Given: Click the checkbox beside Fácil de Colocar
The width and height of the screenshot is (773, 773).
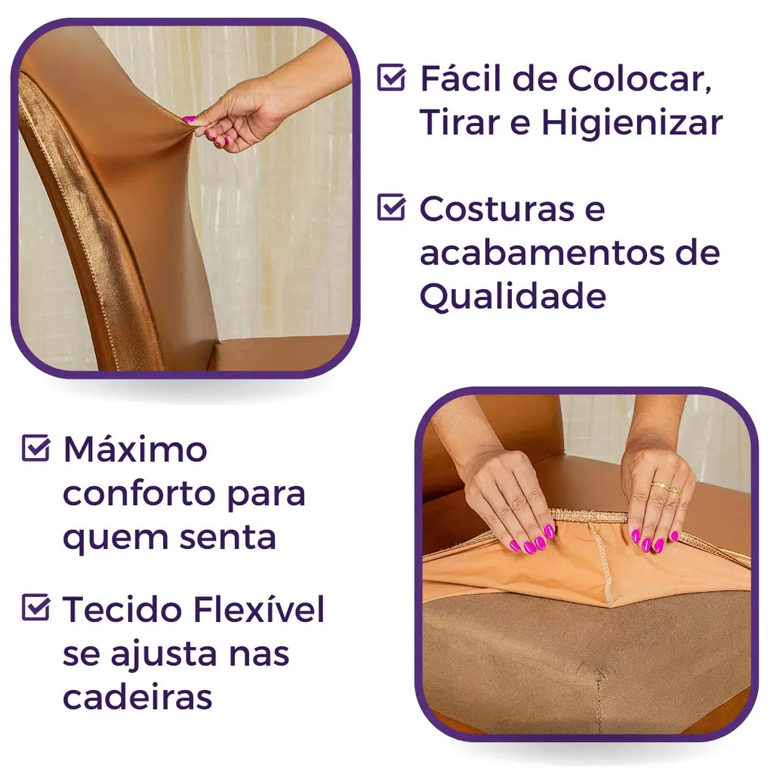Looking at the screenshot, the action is coord(392,78).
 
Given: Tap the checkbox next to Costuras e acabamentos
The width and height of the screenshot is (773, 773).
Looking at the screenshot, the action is coord(392,207).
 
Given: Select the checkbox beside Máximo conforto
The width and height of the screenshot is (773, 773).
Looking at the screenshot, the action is coord(35,448).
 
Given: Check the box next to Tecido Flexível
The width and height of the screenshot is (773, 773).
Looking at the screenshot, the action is coord(35,608).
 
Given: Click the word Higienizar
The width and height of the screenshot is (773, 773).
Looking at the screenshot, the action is coord(633,123).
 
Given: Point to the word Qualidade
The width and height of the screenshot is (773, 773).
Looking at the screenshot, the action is coord(513,296).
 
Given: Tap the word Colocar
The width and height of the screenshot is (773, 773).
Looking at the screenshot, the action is coord(639,79).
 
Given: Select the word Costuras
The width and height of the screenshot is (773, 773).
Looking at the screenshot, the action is coord(497,209).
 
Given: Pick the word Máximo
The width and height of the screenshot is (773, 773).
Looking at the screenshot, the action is coord(135,449).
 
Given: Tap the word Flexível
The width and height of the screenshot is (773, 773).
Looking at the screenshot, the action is coord(260,609).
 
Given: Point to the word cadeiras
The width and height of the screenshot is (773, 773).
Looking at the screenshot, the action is coord(137,697).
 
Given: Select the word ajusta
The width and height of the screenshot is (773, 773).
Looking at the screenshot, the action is coord(163,654).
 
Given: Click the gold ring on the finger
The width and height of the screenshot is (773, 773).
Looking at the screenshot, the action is coord(666,488).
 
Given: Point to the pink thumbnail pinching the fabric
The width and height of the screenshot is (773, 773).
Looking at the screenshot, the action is coord(189,119).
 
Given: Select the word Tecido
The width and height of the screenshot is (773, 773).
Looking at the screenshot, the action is coord(123,609).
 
